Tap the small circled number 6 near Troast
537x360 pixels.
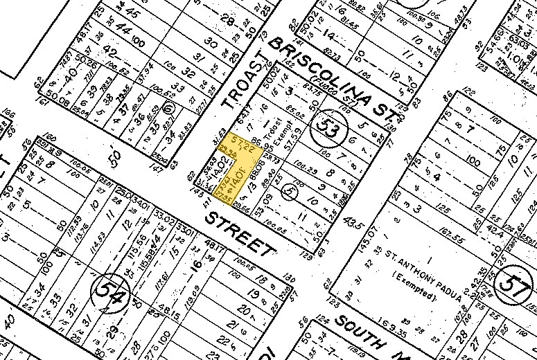[x=168, y=109]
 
